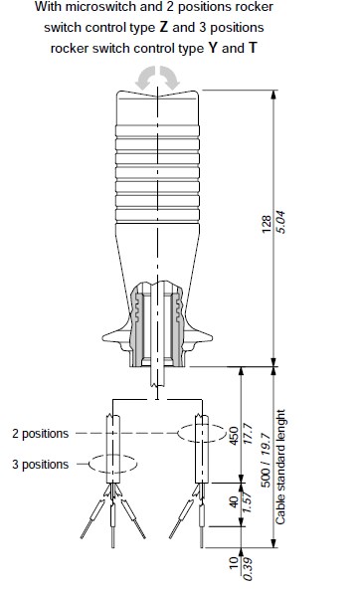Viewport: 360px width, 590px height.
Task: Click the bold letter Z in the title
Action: tap(163, 27)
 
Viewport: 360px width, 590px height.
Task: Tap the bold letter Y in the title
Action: tap(213, 48)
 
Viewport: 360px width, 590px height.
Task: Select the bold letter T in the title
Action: tap(253, 48)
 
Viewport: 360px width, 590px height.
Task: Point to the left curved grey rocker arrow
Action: tap(145, 78)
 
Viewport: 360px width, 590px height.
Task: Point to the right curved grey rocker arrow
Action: tap(169, 78)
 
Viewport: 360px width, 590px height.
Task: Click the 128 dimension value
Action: tap(267, 224)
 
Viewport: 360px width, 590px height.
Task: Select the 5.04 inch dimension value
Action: tap(280, 223)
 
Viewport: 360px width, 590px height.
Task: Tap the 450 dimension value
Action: tap(234, 436)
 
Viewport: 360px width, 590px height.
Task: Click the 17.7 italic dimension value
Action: tap(248, 434)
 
